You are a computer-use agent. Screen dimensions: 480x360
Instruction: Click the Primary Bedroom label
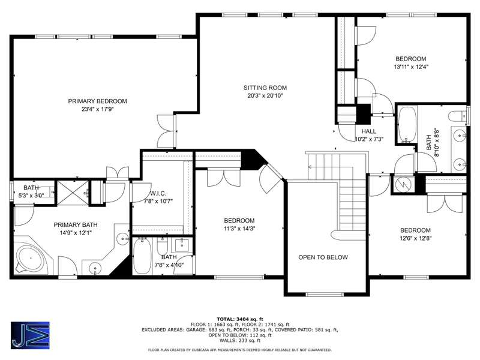(97, 101)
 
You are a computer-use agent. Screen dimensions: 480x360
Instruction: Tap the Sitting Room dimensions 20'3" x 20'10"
(265, 95)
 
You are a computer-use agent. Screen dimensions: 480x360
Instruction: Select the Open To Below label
(323, 257)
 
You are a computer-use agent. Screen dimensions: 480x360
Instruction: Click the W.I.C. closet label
(158, 193)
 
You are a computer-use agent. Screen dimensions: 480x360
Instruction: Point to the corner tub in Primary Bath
(31, 259)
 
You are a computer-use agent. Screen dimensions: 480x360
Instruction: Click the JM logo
(31, 335)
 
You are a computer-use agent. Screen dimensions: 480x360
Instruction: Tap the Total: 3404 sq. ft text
(240, 319)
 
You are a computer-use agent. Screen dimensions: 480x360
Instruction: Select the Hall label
(368, 131)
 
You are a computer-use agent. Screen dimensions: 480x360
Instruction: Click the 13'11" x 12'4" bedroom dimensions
(411, 67)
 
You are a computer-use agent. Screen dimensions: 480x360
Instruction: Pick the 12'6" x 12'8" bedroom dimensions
(415, 238)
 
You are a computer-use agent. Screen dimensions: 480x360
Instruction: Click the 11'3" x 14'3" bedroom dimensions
(239, 229)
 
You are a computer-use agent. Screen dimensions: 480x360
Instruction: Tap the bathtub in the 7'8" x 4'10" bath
(142, 256)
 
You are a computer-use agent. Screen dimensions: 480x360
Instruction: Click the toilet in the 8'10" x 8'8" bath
(458, 116)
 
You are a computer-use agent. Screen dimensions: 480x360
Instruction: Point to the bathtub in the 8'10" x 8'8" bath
(407, 125)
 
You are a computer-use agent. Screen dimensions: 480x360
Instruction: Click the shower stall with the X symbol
(73, 193)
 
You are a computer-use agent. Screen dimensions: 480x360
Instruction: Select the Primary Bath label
(76, 224)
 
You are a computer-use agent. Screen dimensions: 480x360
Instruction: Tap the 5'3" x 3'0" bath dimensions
(31, 195)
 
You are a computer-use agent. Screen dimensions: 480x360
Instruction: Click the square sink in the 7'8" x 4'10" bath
(182, 245)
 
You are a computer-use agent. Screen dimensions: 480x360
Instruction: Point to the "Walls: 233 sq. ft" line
(240, 340)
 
